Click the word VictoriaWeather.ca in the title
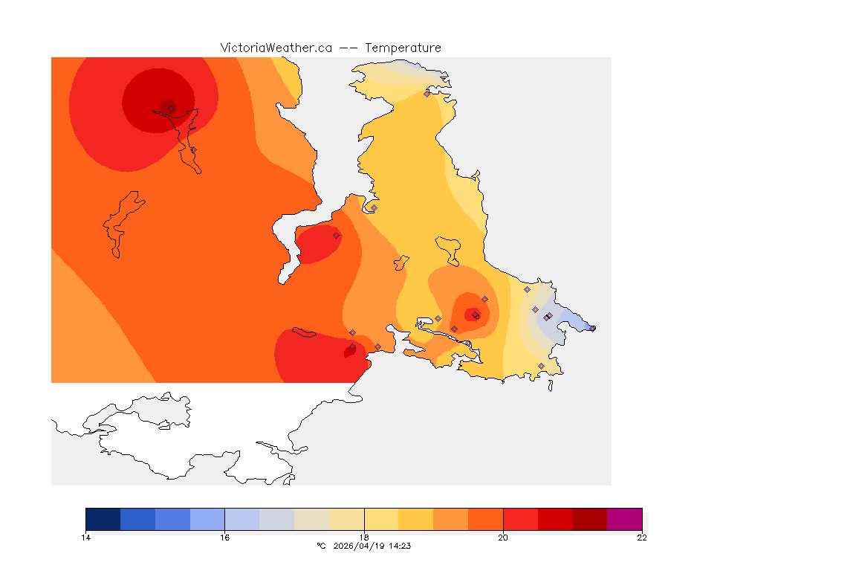click(x=276, y=48)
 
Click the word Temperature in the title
click(x=403, y=48)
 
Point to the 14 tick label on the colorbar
click(x=85, y=538)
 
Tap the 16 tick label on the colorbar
click(x=224, y=538)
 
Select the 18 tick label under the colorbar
click(x=364, y=538)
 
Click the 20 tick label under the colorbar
click(x=503, y=538)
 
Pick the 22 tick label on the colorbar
click(x=642, y=538)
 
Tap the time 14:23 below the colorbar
click(x=400, y=546)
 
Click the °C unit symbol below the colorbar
click(x=321, y=546)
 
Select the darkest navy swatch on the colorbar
click(x=103, y=519)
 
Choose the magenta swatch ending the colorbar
click(x=624, y=519)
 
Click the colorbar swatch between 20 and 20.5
click(x=520, y=519)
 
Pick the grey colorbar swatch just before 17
click(x=276, y=519)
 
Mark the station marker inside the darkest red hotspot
click(x=171, y=109)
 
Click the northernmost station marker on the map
click(x=427, y=94)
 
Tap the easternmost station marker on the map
click(x=592, y=328)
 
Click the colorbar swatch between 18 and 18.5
click(x=381, y=519)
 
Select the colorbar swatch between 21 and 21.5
click(x=590, y=519)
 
